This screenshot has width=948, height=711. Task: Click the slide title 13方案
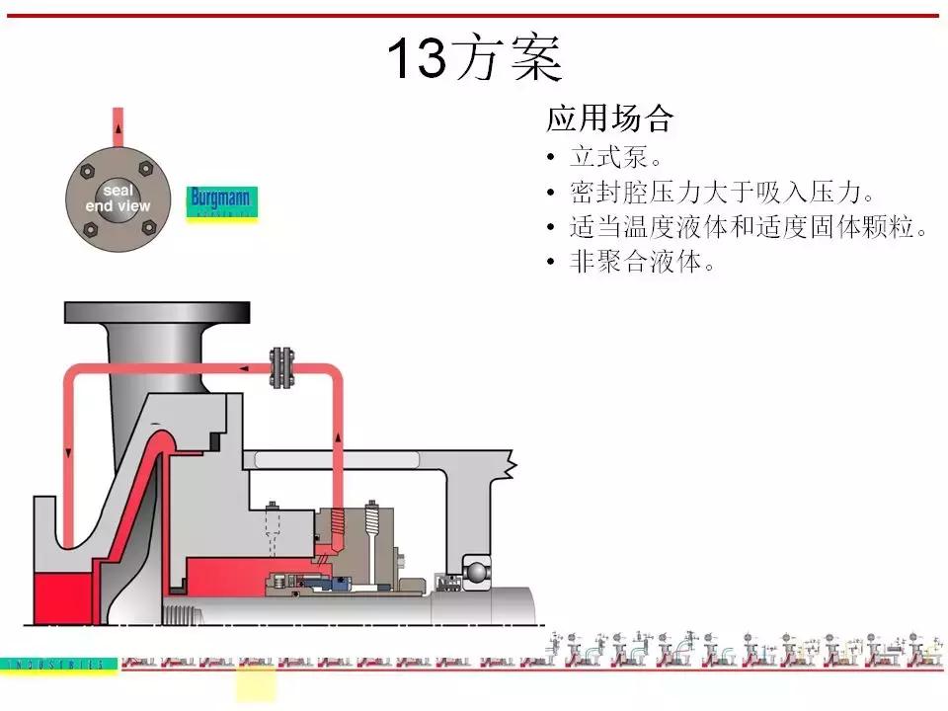474,59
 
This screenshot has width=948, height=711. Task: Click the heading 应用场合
609,119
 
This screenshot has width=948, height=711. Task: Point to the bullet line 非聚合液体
641,263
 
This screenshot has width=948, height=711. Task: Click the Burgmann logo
222,202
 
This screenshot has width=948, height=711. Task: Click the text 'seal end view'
118,198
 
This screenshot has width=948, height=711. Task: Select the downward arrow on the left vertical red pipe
68,451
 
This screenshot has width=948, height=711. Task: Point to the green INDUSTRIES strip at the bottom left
59,665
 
